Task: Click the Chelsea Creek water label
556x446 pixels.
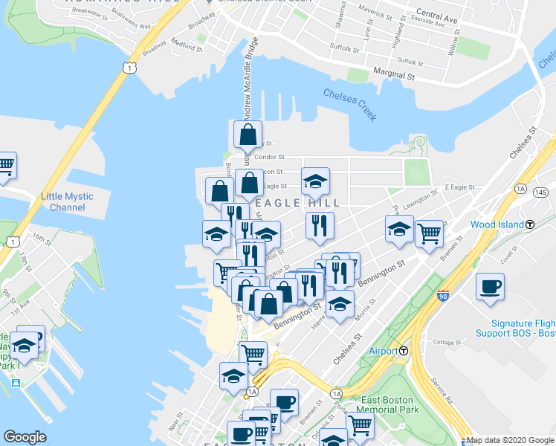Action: coord(350,105)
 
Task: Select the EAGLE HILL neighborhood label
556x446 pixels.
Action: coord(298,203)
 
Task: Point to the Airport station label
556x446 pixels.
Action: coord(384,351)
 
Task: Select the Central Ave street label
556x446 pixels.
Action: coord(437,16)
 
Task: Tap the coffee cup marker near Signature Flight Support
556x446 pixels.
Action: coord(490,286)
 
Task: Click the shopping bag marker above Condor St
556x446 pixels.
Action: coord(248,135)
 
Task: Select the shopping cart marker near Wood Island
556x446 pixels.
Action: coord(429,234)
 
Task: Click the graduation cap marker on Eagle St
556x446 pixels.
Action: coord(315,181)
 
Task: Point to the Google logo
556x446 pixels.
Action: coord(25,437)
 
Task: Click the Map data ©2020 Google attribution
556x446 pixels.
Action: coord(510,441)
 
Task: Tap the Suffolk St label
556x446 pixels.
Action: coord(345,51)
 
